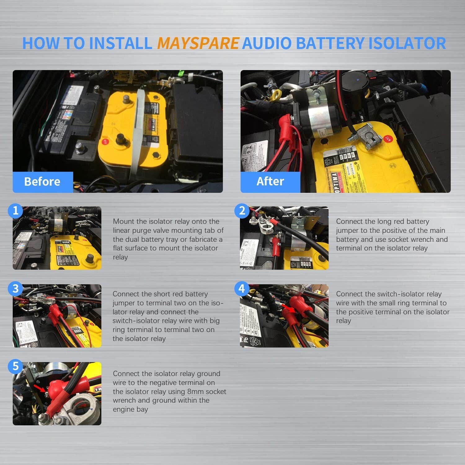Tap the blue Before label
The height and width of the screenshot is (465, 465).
(x=42, y=182)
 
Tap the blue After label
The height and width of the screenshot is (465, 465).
(x=270, y=181)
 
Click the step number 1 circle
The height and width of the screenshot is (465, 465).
(x=15, y=211)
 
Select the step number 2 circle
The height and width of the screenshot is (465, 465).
(x=242, y=211)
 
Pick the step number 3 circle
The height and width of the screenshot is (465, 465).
(x=15, y=289)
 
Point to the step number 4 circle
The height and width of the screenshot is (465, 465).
(x=242, y=289)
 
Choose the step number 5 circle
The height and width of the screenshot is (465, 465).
(x=15, y=366)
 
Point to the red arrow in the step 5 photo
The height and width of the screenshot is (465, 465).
(x=39, y=389)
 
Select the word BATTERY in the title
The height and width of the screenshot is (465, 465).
(x=330, y=43)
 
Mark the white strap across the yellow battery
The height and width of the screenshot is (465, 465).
(x=139, y=130)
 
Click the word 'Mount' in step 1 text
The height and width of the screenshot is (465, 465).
(x=124, y=221)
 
